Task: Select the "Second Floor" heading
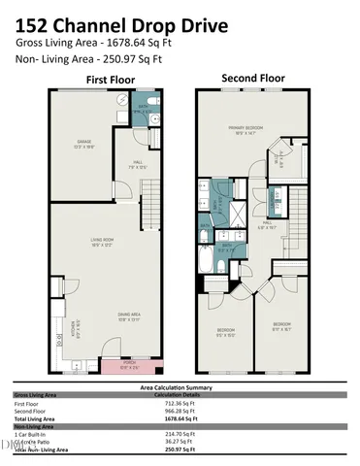tap(251, 77)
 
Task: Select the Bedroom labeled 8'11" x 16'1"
tap(282, 325)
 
